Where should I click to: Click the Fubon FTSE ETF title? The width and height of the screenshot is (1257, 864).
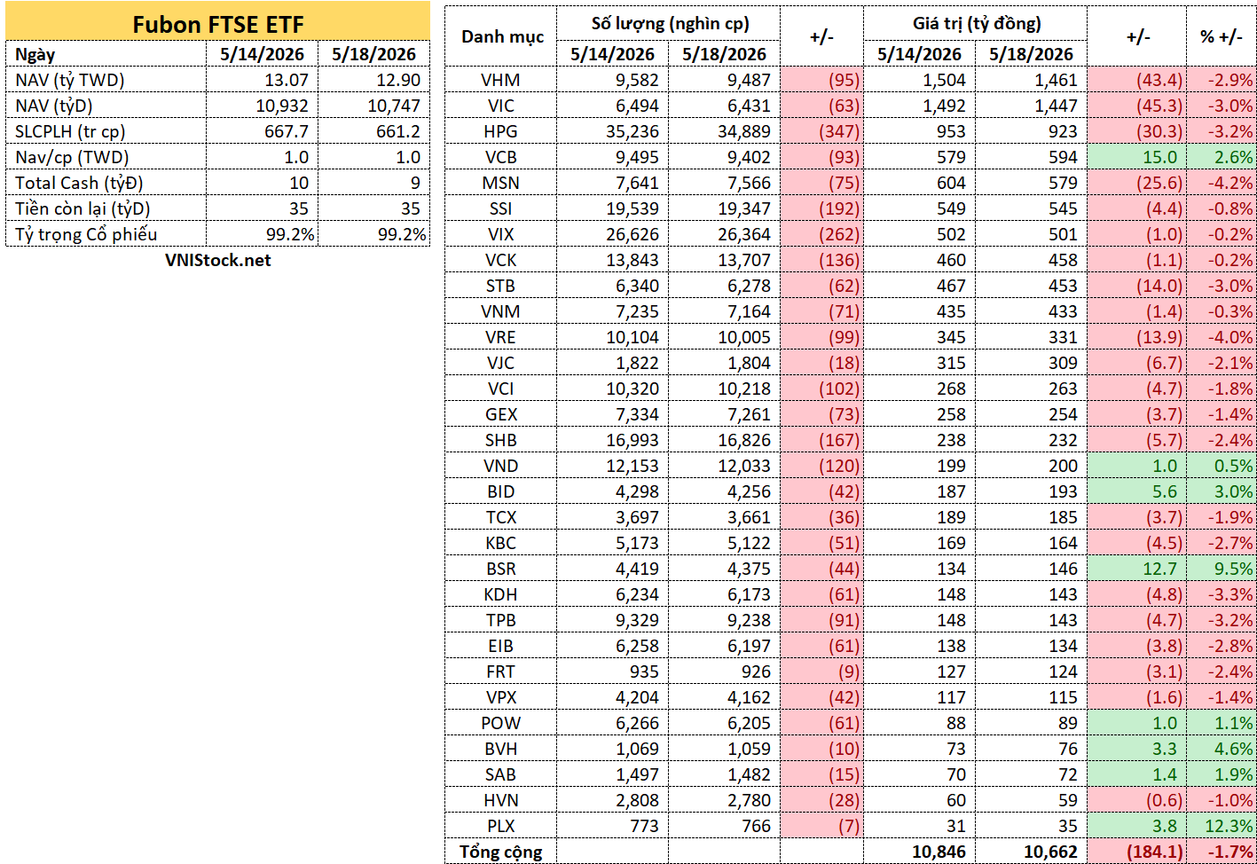217,25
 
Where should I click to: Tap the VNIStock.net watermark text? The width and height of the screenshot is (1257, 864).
217,260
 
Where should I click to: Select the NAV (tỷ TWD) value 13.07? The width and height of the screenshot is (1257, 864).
287,80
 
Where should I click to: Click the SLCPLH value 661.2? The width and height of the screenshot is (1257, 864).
398,132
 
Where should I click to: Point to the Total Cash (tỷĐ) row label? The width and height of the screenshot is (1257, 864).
79,184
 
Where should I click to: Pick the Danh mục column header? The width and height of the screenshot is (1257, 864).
502,37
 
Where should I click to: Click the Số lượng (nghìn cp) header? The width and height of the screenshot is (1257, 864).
670,24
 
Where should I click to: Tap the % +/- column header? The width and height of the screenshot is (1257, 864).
1222,37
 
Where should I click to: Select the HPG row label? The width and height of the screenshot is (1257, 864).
500,132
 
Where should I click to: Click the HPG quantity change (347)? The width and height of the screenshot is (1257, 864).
839,132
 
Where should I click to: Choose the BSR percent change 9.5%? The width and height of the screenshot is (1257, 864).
1233,569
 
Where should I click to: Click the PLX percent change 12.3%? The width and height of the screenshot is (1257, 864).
1229,826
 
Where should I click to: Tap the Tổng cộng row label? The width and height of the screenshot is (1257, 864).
500,852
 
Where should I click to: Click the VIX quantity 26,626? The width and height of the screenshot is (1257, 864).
632,234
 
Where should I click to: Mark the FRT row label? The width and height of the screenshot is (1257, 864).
500,672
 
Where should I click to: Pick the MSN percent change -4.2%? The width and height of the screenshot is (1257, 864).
1230,184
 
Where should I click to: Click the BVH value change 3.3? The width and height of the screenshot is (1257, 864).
1165,749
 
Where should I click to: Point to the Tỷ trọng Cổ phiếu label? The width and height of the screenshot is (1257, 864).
86,234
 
